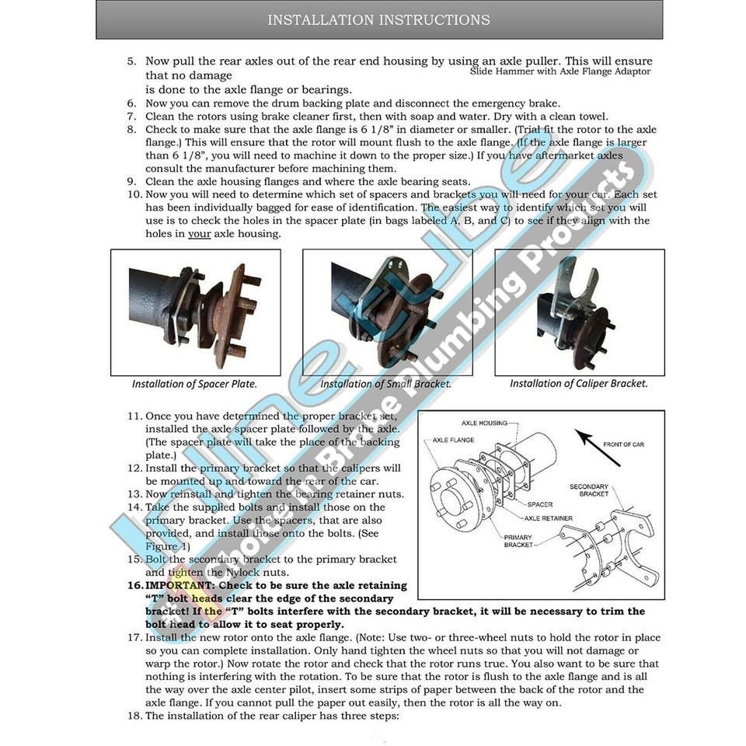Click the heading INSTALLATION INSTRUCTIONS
point(378,19)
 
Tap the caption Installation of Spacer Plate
point(194,384)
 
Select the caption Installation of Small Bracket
point(385,384)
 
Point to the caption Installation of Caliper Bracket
point(578,383)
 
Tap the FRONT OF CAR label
point(623,444)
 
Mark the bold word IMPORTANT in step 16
point(182,585)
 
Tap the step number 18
point(134,716)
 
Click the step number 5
point(131,61)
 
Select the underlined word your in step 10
point(200,234)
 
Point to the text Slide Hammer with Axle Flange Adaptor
point(559,71)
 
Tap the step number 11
point(134,416)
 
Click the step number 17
point(134,637)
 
